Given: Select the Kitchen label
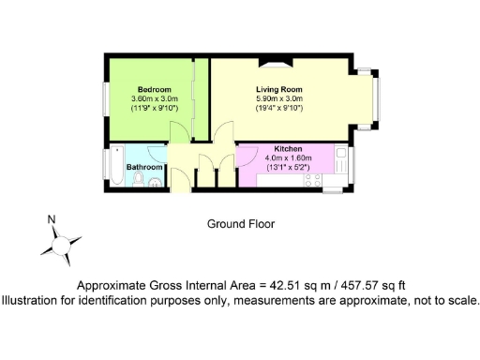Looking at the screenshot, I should pos(288,150).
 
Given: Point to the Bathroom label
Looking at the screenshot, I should pos(144,168).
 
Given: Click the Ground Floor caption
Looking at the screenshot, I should pos(241,224).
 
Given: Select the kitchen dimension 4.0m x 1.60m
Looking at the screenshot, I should pos(288,159).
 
